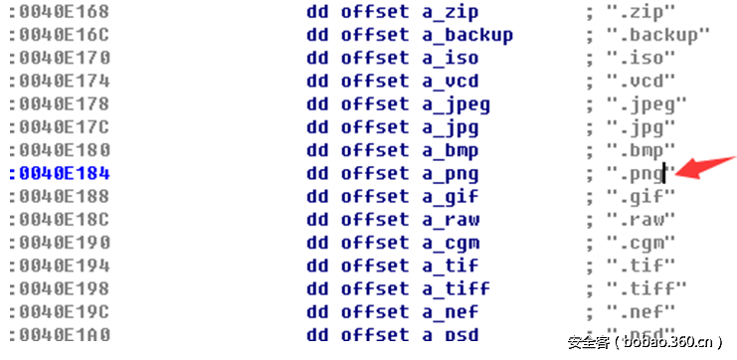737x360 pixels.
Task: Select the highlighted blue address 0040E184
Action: point(62,173)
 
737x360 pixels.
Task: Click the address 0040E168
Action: point(62,12)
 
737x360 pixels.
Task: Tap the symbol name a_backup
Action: point(466,35)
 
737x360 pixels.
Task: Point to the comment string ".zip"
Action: point(642,12)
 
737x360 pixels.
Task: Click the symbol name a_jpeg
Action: point(456,103)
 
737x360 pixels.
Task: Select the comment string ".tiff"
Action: point(646,288)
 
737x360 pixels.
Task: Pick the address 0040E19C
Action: point(62,311)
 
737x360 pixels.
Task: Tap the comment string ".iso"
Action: point(642,58)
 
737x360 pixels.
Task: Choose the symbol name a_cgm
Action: point(450,243)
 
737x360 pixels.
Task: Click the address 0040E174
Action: point(62,81)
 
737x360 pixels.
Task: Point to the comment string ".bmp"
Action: point(642,150)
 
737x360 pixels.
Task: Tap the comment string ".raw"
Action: point(642,219)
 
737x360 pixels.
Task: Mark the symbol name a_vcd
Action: point(450,81)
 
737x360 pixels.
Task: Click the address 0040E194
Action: point(62,266)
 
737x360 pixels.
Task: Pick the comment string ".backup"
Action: point(658,35)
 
